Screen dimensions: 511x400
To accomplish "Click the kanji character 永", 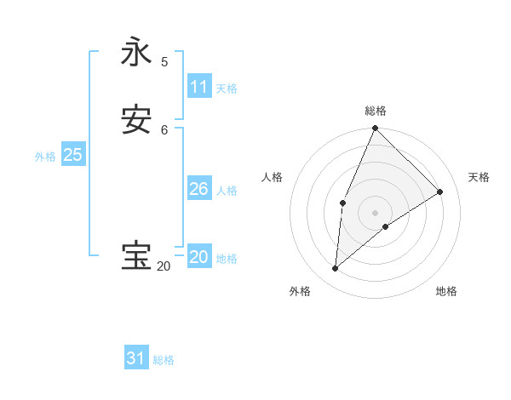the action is click(x=137, y=53).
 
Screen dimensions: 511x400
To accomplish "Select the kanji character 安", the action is click(x=137, y=121).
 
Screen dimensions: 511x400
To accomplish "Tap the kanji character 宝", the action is click(x=137, y=256).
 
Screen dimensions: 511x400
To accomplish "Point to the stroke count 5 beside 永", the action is click(x=164, y=61).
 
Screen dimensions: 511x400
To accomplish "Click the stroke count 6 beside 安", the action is click(x=164, y=129).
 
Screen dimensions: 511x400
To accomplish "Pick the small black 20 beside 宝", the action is click(x=163, y=266).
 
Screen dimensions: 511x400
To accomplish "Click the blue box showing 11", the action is click(x=198, y=87).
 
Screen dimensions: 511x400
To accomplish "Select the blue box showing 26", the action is click(x=198, y=189).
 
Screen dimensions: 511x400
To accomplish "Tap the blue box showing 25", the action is click(x=72, y=155).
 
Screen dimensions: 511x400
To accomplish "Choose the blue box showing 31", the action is click(x=136, y=358).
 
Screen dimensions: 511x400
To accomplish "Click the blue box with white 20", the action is click(x=198, y=257).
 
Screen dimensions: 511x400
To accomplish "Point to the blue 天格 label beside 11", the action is click(x=227, y=89).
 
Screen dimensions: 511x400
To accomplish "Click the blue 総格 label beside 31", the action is click(x=164, y=360).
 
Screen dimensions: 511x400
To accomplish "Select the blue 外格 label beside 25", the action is click(x=45, y=157).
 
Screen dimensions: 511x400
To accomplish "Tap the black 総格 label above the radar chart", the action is click(x=375, y=111).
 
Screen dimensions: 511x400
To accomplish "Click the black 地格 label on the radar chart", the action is click(x=446, y=291).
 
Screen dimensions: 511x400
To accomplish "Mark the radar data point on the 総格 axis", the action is click(x=375, y=129).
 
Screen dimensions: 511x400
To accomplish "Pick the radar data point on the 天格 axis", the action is click(x=440, y=191).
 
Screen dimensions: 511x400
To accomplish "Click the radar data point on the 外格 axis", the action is click(x=336, y=268).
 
